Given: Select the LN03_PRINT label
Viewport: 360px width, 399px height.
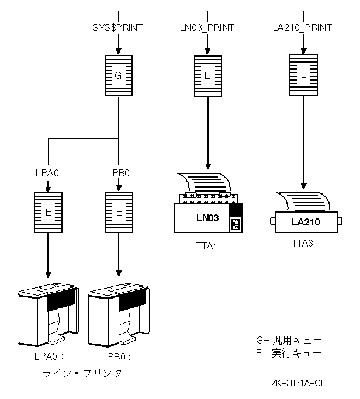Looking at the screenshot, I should (x=207, y=27).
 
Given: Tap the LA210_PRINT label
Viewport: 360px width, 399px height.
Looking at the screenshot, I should (x=303, y=27).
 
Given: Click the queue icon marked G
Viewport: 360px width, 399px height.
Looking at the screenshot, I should (x=119, y=76).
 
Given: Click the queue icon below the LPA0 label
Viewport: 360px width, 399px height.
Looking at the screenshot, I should (x=49, y=213).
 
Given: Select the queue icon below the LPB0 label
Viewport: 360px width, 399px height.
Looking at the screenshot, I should (x=119, y=213).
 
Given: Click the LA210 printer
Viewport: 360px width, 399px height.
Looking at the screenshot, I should (x=306, y=221).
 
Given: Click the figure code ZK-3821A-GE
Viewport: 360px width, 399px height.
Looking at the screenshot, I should (x=299, y=383).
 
